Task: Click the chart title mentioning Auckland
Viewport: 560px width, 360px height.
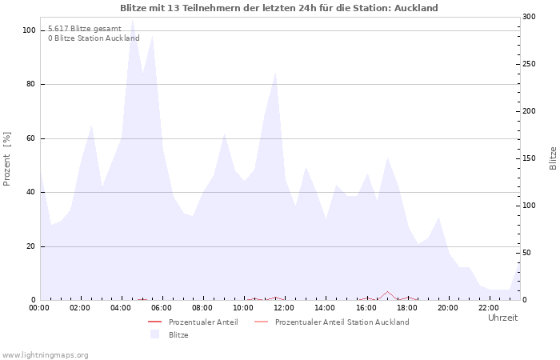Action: (279, 8)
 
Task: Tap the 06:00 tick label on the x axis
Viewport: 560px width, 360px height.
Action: (162, 307)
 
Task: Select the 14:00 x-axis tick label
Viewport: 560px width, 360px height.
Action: (325, 307)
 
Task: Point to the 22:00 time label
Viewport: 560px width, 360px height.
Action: (489, 307)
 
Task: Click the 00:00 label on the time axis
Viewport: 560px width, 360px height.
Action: (39, 307)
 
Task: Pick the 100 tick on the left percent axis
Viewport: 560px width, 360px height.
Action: (30, 30)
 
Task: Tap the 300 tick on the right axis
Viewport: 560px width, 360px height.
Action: (529, 17)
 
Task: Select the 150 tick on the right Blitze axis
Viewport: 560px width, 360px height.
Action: (529, 158)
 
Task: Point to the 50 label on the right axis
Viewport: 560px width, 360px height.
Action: (526, 253)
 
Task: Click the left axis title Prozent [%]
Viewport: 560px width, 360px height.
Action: (7, 158)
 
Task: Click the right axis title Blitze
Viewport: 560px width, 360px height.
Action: (553, 158)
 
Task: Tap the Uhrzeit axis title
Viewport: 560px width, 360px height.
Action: (502, 318)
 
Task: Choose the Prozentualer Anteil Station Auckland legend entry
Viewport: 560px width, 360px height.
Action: (342, 322)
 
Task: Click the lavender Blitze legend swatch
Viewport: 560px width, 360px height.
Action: (154, 334)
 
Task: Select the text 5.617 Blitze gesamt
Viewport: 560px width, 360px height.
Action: (84, 28)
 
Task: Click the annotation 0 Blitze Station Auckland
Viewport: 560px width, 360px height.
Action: (94, 38)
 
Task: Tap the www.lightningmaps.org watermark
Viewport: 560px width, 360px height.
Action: (45, 354)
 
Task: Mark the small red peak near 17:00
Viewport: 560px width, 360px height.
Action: (387, 292)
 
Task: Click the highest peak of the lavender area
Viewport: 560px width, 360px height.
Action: (132, 22)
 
